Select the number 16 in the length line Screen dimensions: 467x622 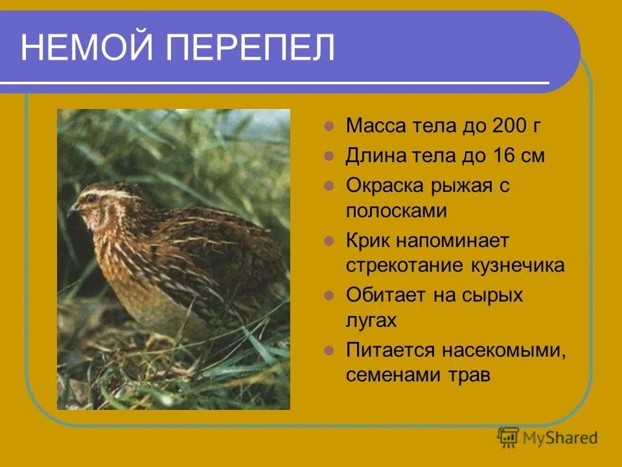(x=505, y=156)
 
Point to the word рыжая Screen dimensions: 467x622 (x=461, y=186)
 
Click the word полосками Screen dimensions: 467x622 (x=397, y=211)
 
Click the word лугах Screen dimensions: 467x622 (x=371, y=321)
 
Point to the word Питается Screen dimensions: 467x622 (x=391, y=350)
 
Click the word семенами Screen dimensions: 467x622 (x=394, y=376)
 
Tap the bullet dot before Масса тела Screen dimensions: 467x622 (x=328, y=126)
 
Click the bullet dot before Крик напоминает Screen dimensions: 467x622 (x=328, y=241)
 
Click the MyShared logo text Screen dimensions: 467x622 (x=561, y=438)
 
